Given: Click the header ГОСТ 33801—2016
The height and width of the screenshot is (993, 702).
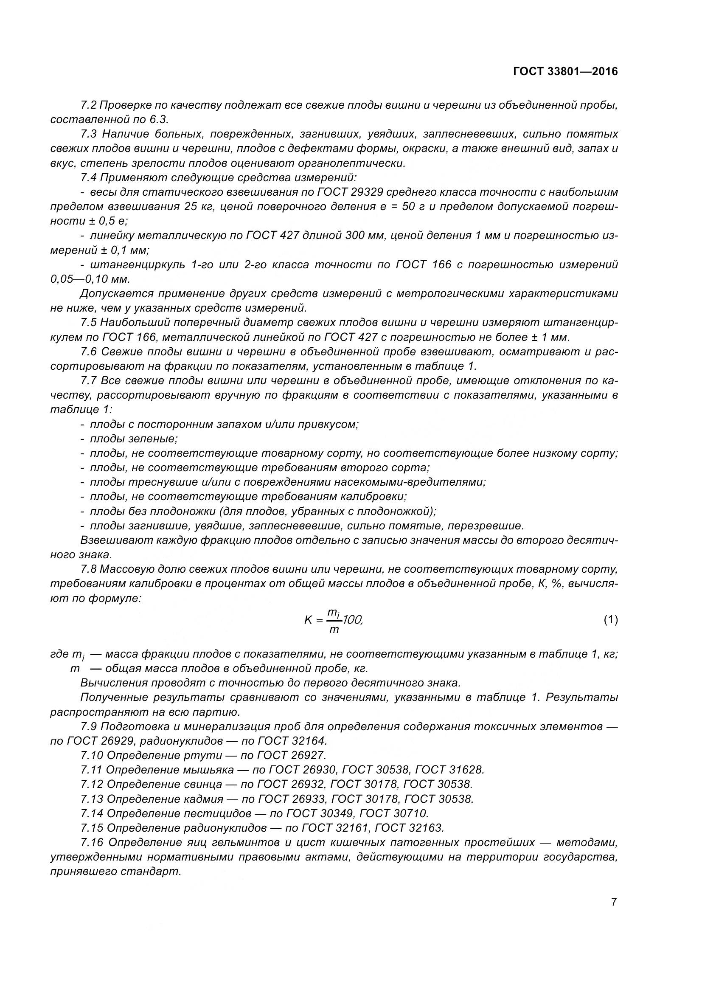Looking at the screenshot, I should click(x=565, y=71).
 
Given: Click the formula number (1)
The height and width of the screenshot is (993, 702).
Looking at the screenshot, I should click(x=610, y=620).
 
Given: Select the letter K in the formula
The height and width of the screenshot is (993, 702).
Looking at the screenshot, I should click(x=308, y=620).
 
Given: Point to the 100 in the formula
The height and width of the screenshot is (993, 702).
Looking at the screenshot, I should click(x=352, y=620).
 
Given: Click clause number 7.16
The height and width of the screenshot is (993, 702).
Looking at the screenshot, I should click(x=92, y=842).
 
